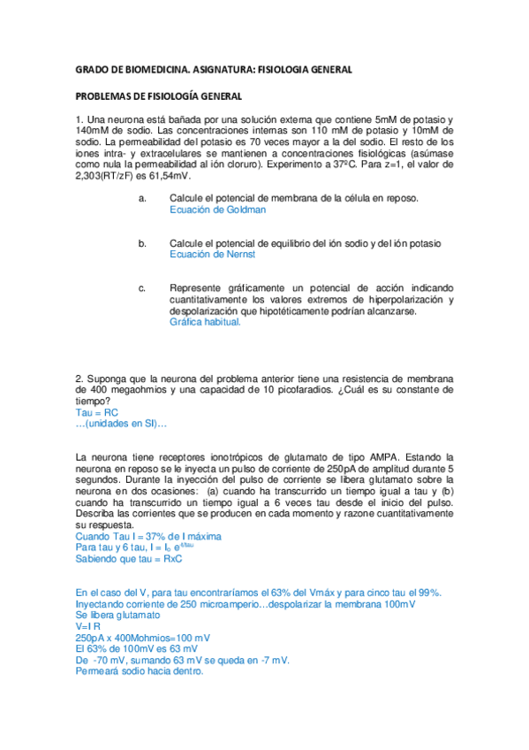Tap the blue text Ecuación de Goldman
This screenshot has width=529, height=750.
217,210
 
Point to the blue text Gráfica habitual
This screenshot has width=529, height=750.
205,323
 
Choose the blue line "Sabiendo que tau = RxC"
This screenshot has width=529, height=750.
129,560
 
